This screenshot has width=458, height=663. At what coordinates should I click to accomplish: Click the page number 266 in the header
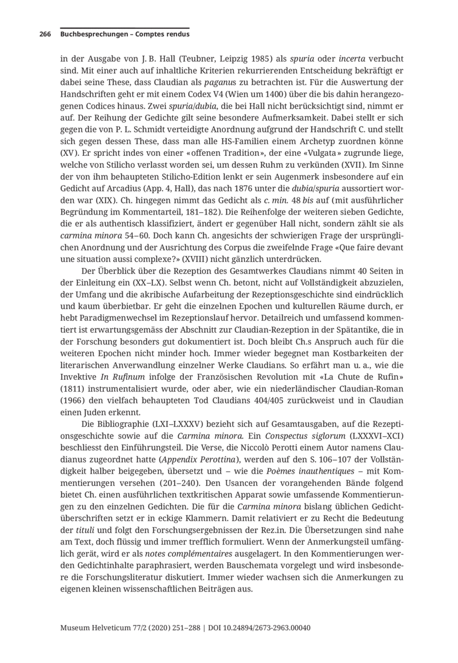pyautogui.click(x=45, y=35)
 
